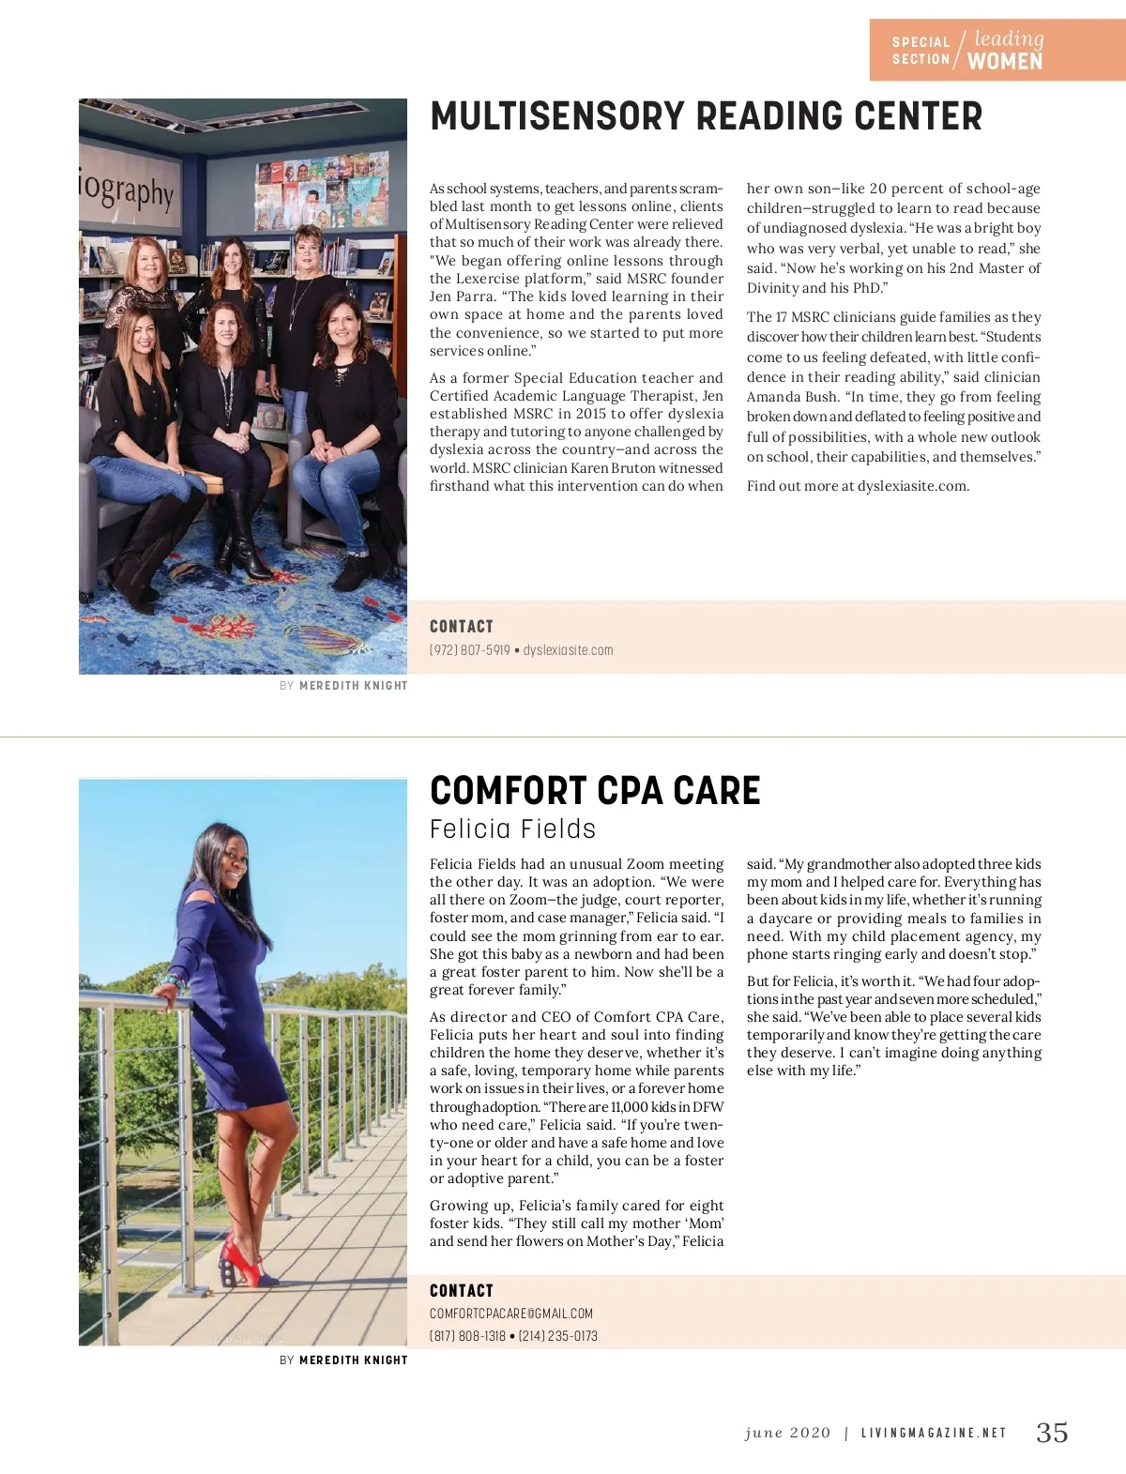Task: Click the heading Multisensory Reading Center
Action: point(706,117)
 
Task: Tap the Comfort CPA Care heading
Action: point(595,791)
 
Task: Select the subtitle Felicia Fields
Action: point(512,829)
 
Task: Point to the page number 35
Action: point(1052,1432)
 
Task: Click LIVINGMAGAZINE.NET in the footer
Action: point(934,1433)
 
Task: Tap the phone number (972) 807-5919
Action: point(470,650)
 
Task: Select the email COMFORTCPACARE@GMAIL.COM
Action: point(511,1314)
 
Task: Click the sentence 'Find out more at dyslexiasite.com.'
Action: point(858,486)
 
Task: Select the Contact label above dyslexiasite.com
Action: point(461,627)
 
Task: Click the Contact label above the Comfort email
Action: point(461,1291)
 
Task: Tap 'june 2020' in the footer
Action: point(787,1433)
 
